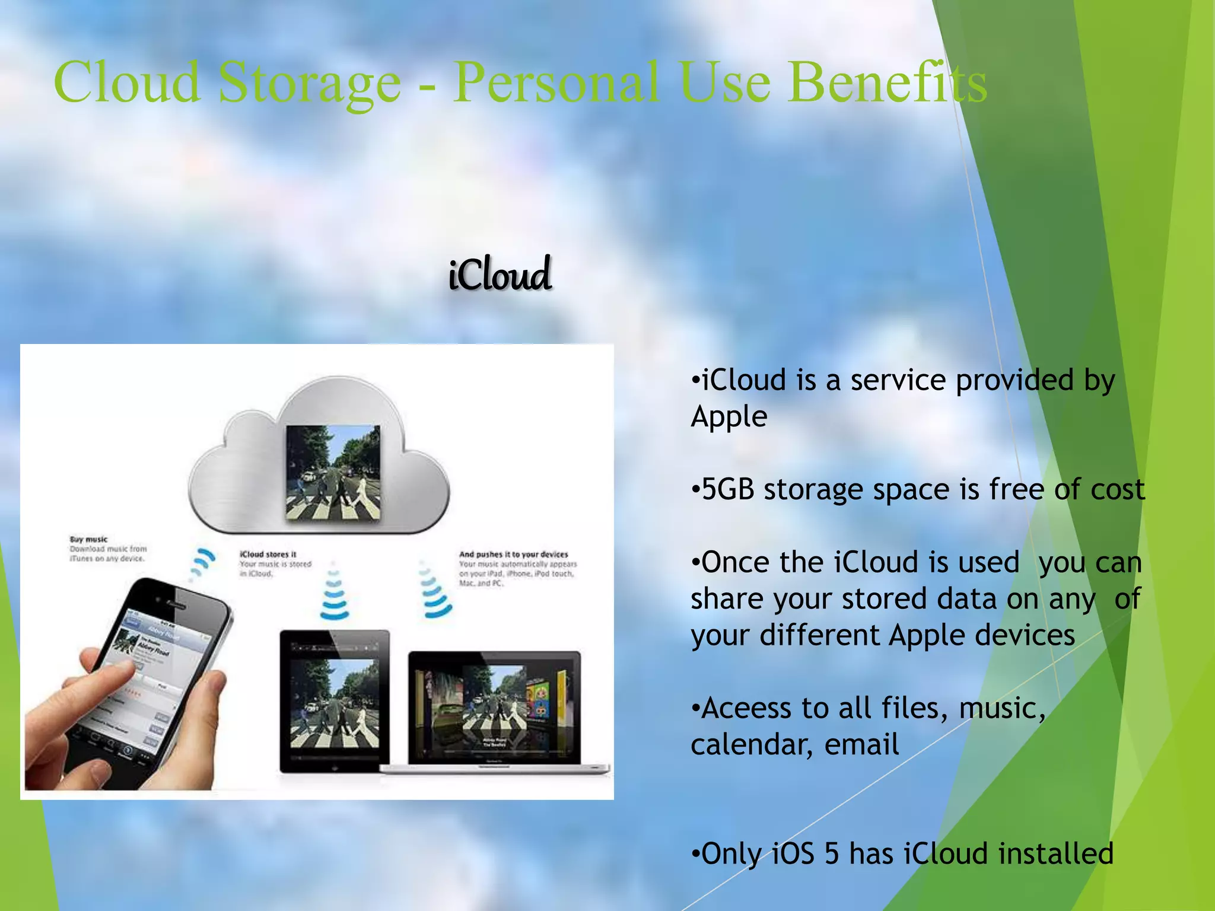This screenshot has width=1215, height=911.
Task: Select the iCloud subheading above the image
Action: (x=500, y=274)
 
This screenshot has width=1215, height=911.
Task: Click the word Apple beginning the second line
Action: (x=729, y=416)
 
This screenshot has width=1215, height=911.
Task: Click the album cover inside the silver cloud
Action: (x=333, y=473)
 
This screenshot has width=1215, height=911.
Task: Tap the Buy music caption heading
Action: (x=88, y=540)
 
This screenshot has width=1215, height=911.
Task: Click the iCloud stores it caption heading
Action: (x=268, y=554)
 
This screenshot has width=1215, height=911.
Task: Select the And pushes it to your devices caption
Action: (x=513, y=554)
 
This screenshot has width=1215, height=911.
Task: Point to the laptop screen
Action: (x=494, y=706)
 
